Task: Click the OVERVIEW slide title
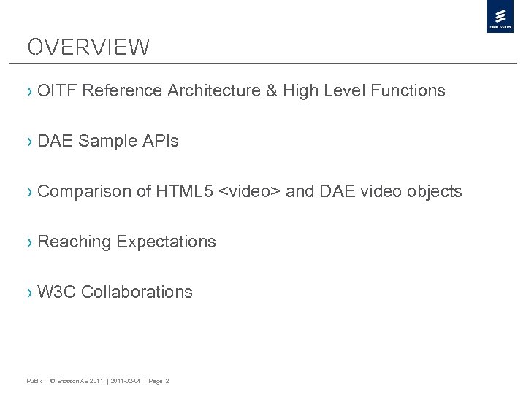pos(88,47)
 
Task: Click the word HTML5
pos(186,191)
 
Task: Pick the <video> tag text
pos(250,191)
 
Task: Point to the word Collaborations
pos(137,292)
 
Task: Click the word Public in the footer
pos(34,381)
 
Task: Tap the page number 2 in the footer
pos(167,381)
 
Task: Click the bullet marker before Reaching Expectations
pos(29,242)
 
